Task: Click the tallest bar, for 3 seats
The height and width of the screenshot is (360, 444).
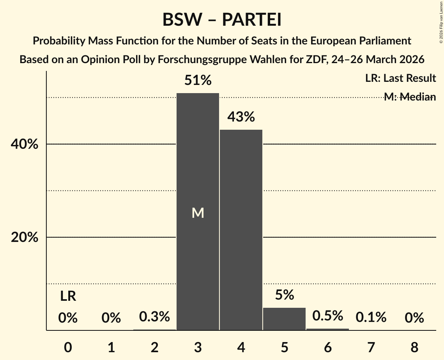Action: (x=198, y=164)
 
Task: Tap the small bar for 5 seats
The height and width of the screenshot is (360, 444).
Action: (x=284, y=319)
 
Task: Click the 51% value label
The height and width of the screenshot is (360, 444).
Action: (x=198, y=81)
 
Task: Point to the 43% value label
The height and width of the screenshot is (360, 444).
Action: (x=241, y=117)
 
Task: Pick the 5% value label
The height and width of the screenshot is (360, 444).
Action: (x=284, y=295)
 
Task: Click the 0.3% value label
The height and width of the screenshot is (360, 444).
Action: (x=154, y=317)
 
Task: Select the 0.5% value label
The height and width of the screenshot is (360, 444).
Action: (x=327, y=316)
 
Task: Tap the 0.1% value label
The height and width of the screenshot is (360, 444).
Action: (x=371, y=318)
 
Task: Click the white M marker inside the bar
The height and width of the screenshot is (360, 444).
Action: (x=198, y=213)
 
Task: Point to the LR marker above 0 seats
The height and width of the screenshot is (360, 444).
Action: (x=68, y=296)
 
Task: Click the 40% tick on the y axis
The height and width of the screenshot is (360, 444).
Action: (x=24, y=144)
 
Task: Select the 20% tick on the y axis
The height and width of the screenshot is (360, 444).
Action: (x=24, y=237)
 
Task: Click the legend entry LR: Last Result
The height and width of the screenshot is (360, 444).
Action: (x=400, y=78)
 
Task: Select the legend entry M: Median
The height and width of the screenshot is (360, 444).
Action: (x=410, y=97)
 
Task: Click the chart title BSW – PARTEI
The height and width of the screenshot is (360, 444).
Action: (x=222, y=20)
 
